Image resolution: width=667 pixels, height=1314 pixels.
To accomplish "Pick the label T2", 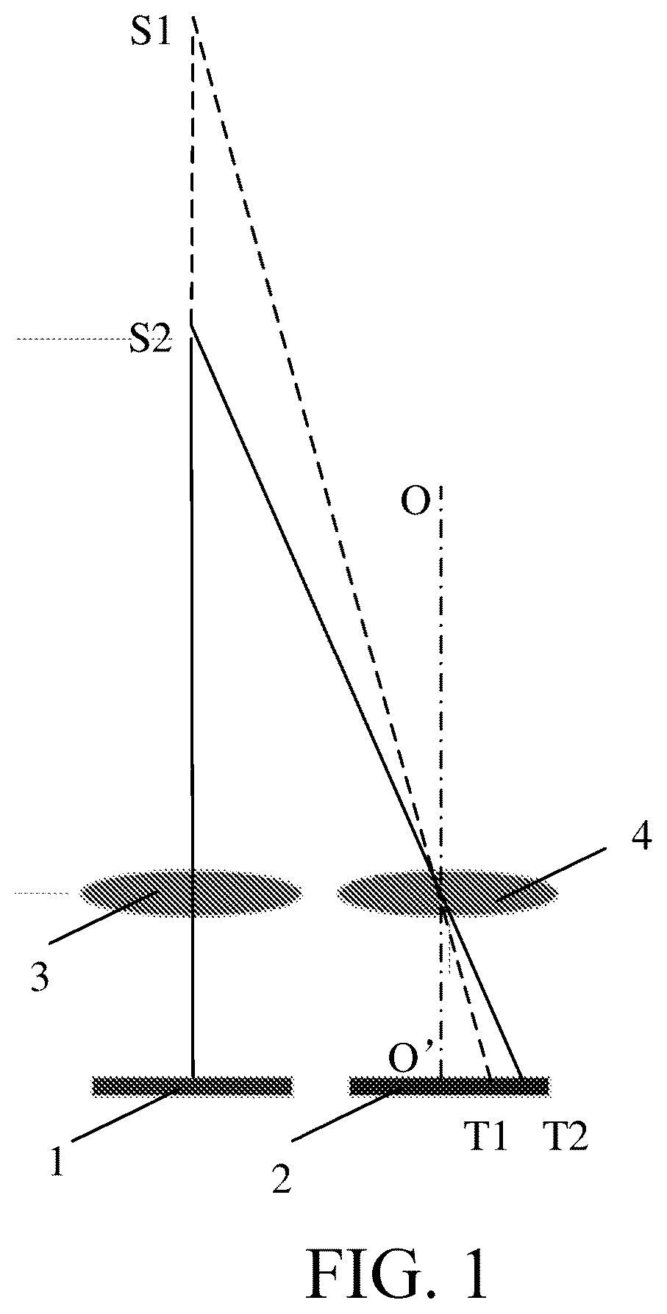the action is click(x=565, y=1138).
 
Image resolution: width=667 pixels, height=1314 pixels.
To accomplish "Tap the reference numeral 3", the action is click(x=40, y=980).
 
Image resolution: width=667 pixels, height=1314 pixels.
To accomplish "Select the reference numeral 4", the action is click(x=639, y=838).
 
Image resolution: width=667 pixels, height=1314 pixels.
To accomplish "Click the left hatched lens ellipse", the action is click(x=190, y=892).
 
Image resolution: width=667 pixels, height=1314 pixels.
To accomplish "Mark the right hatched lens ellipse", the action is click(x=447, y=892).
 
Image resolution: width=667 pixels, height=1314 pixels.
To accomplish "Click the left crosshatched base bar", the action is click(x=192, y=1085).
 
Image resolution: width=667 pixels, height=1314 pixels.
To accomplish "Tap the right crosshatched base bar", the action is click(x=449, y=1085).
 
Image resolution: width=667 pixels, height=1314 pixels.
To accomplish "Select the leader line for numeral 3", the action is click(x=101, y=917).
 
